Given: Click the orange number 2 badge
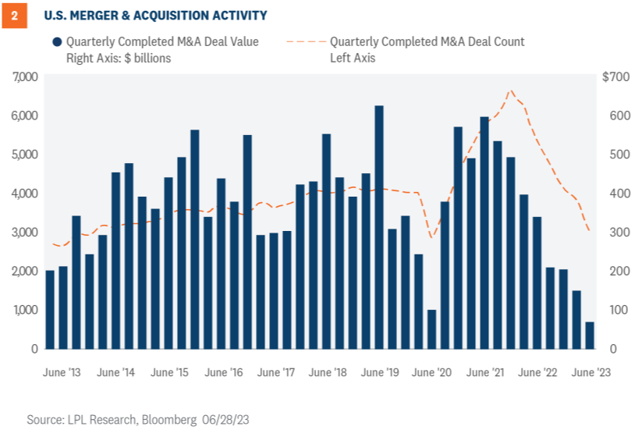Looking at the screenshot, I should coord(14,15).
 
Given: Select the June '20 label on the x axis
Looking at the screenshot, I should coord(432,372).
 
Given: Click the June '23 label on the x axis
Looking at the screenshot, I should coord(591,372).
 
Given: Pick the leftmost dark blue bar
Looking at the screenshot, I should coord(50,309).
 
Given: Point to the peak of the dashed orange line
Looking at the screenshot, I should coord(511,91).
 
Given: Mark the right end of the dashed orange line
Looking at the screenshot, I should coord(589,231).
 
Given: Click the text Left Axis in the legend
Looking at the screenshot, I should coord(353,57).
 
